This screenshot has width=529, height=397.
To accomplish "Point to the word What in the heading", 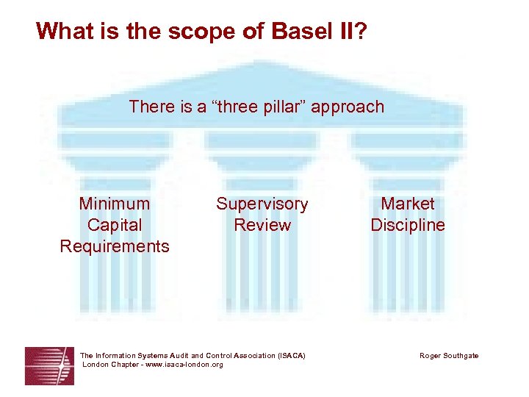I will (63, 31).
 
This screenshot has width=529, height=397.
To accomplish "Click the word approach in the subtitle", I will (348, 107).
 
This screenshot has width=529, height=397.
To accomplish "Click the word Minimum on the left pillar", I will (115, 204).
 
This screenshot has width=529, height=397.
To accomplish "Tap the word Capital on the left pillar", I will (115, 225).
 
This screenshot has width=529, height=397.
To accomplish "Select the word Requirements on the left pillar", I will (115, 246).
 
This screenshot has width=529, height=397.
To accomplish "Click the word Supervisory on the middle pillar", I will (262, 204).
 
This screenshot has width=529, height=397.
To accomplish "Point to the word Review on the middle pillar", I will (262, 225).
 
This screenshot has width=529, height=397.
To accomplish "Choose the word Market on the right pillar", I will (408, 204).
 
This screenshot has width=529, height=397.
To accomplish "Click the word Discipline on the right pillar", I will (408, 225).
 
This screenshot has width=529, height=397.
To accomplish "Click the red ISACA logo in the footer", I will (49, 365).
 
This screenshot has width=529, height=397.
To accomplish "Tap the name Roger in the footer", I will (431, 356).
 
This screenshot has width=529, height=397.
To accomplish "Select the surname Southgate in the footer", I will (461, 356).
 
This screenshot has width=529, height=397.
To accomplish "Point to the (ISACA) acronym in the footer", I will (292, 356).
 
